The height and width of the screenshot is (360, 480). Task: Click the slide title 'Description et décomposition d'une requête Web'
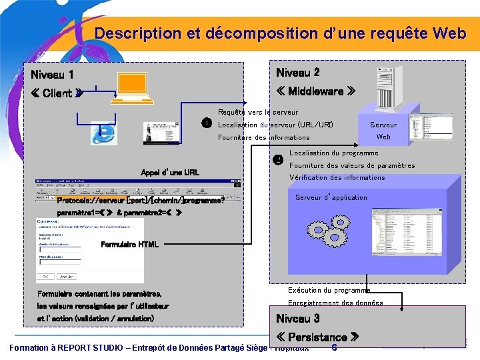point(280,33)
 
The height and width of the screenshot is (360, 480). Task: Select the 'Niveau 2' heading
point(297,73)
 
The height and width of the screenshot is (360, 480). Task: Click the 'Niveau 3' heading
point(297,319)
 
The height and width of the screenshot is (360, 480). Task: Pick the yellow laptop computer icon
point(135,89)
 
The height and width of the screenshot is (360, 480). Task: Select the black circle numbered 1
point(207,123)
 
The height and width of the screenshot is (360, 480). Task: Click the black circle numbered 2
point(279,159)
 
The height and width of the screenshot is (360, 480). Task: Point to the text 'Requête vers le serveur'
point(258,112)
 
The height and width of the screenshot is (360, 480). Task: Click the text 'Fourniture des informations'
point(264,137)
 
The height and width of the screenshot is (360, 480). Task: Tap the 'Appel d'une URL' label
point(170,173)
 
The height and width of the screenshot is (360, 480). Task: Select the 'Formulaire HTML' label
point(129,245)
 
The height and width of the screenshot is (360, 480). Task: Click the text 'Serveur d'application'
point(331,197)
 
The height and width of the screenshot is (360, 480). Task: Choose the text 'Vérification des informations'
point(337,177)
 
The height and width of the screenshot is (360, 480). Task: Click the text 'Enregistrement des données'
point(335,303)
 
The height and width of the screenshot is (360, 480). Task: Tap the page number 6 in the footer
point(334,347)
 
